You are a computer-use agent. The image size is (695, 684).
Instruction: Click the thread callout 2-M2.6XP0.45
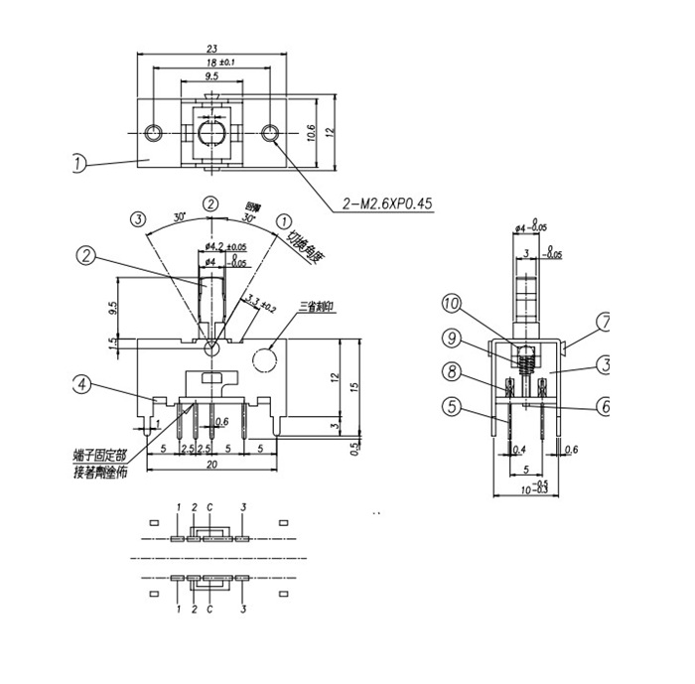[388, 204]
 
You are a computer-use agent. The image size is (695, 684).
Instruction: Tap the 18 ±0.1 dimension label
[219, 63]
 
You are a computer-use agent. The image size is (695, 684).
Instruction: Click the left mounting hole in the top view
[152, 133]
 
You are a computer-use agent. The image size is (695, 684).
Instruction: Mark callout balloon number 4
[83, 383]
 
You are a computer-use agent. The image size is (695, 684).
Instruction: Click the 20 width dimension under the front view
[210, 465]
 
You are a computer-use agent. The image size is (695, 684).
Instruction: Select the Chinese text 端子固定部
[99, 456]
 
